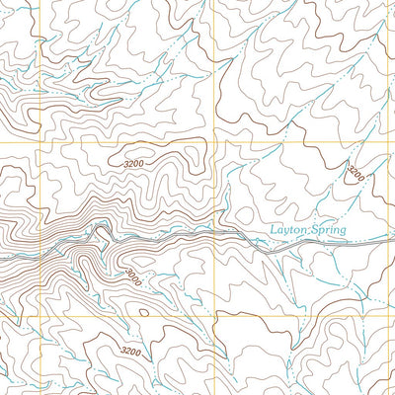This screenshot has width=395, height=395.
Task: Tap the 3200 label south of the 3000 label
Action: pyautogui.click(x=130, y=352)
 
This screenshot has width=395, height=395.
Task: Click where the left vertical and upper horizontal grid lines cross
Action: pyautogui.click(x=40, y=144)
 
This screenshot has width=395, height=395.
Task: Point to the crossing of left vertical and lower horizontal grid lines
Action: pyautogui.click(x=40, y=318)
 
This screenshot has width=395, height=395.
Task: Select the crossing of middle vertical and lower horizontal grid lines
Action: pyautogui.click(x=215, y=318)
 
